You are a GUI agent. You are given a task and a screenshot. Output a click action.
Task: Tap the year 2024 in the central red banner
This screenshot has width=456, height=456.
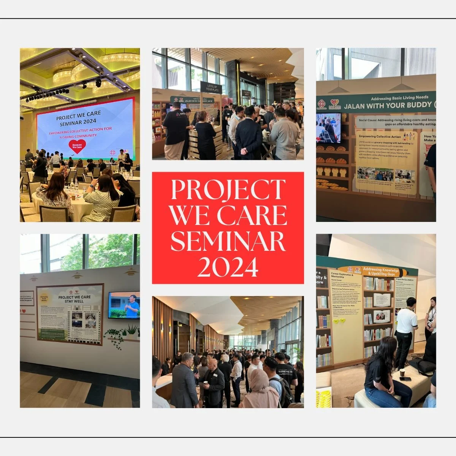[228, 266]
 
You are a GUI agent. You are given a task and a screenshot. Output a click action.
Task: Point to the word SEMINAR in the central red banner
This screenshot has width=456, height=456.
[228, 241]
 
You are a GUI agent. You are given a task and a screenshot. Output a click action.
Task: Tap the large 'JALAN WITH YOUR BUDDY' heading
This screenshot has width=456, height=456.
[388, 106]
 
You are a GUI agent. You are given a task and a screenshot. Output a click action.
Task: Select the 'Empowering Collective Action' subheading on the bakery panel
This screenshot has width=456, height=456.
[378, 136]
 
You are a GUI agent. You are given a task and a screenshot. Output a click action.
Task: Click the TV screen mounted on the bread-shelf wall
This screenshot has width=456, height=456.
[328, 128]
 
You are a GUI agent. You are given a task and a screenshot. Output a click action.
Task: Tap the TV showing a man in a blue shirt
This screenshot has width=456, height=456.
[124, 305]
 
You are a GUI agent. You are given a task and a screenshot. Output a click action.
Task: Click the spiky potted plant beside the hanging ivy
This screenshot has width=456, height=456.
[131, 331]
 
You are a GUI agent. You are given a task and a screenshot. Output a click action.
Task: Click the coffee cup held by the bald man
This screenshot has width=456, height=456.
[205, 383]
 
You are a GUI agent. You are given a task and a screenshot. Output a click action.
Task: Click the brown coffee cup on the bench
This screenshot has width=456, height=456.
[402, 373]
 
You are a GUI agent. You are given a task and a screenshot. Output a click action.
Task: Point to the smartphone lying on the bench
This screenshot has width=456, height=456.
[405, 379]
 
